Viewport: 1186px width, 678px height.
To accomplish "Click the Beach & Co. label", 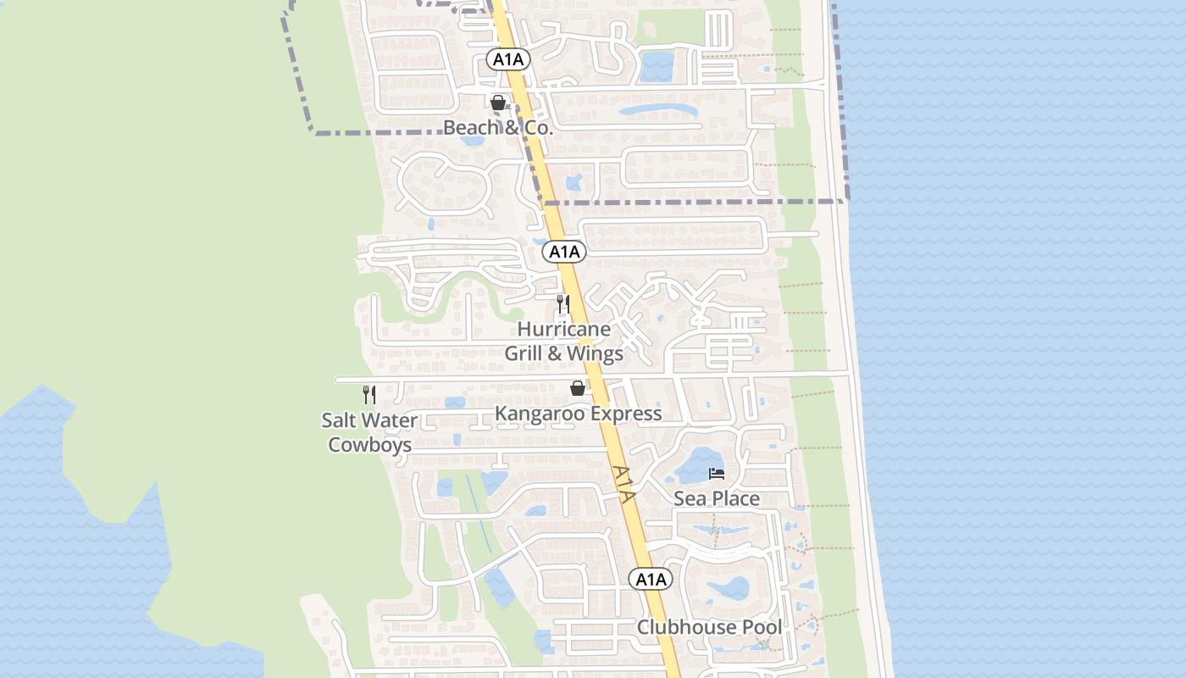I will click(498, 128).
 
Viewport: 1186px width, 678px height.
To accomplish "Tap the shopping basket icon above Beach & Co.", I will click(498, 103).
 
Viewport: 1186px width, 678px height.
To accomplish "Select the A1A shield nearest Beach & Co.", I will click(508, 59).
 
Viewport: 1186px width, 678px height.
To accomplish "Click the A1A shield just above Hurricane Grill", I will click(564, 252).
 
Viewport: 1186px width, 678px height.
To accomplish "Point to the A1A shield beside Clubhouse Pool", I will click(651, 580).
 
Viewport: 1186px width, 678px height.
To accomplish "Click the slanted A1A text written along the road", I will click(623, 484).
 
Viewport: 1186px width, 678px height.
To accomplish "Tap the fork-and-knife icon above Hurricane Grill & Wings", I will click(563, 303).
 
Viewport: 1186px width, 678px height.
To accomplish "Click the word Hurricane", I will click(563, 329).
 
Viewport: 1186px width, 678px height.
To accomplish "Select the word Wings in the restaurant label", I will click(595, 353).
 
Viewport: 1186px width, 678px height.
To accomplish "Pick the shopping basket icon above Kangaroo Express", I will click(578, 388).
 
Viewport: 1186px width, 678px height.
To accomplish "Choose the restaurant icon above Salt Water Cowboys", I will click(369, 395).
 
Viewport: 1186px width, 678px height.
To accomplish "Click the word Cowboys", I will click(370, 445).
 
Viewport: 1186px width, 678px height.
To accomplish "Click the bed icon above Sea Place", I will click(717, 473).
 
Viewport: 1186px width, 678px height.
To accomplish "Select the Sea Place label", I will click(717, 498).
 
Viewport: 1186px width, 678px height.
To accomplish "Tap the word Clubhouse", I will click(685, 627).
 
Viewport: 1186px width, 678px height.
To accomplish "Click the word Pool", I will click(760, 627).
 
